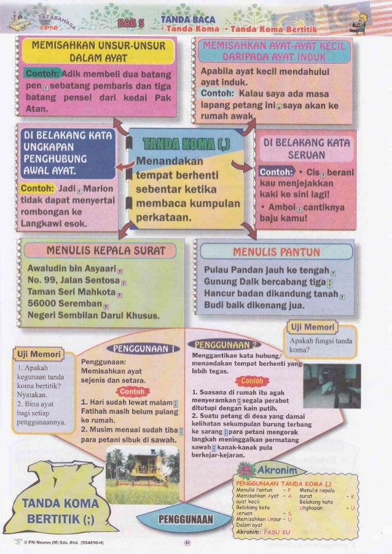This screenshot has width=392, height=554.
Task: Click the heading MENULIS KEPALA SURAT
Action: (x=98, y=251)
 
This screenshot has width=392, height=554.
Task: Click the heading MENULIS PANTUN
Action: (x=276, y=251)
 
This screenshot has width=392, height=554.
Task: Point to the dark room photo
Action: (x=331, y=386)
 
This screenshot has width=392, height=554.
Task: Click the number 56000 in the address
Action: (x=44, y=304)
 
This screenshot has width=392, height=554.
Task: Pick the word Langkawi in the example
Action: (x=42, y=224)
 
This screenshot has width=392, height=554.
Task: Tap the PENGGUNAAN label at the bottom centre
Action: (x=185, y=521)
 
